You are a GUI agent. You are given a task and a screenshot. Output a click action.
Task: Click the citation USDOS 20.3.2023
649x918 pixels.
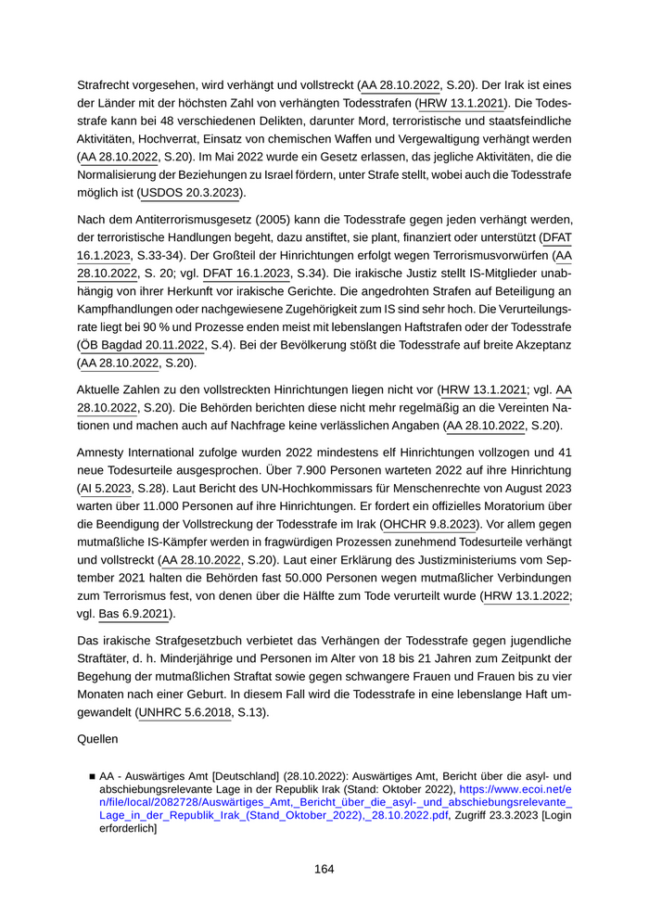(191, 193)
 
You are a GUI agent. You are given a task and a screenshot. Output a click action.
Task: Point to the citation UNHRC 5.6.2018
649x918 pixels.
(185, 711)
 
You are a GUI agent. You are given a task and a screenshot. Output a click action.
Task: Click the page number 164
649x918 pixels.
(324, 869)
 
